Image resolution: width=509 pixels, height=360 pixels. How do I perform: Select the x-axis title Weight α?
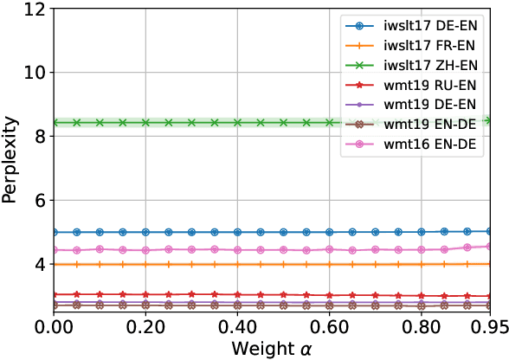click(272, 348)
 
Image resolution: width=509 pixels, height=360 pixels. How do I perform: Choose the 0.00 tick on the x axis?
click(54, 327)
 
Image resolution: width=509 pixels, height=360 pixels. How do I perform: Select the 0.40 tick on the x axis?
click(237, 327)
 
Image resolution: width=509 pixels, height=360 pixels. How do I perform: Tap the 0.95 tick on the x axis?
click(490, 327)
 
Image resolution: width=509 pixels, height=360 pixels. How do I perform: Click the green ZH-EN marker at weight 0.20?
click(145, 123)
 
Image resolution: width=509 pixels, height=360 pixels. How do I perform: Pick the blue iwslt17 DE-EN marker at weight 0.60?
click(329, 232)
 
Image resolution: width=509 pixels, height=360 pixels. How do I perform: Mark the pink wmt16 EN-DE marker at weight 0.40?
click(237, 250)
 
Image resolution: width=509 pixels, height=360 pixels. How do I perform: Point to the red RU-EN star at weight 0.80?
click(421, 295)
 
